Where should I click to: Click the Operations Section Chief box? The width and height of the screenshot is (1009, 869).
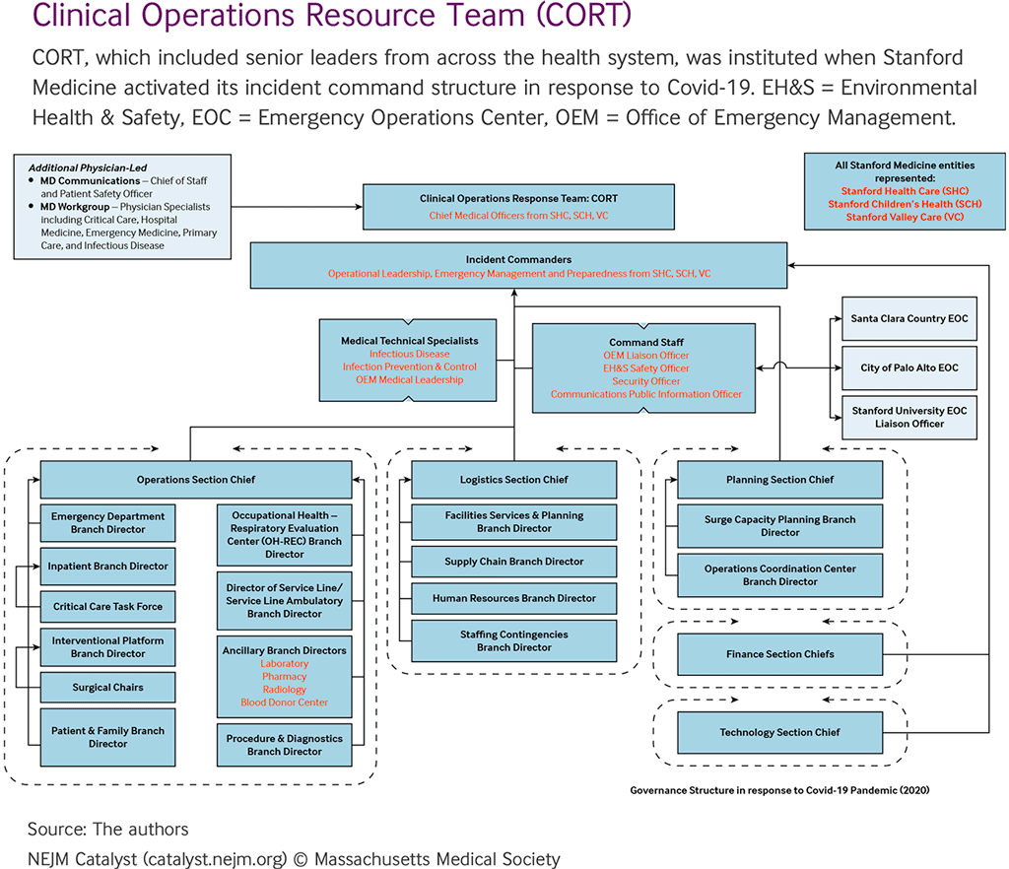[x=195, y=480]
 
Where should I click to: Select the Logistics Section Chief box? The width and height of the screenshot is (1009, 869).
[x=513, y=480]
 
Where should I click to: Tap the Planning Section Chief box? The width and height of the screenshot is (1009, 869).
[x=779, y=480]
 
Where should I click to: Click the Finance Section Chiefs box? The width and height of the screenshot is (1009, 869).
[x=779, y=654]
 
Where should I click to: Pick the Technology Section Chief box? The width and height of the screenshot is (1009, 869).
[x=779, y=732]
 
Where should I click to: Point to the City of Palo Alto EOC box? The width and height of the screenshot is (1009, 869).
[x=908, y=368]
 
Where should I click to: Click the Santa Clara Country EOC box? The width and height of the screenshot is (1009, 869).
[x=908, y=319]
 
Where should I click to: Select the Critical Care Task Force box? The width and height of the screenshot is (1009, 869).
[x=107, y=606]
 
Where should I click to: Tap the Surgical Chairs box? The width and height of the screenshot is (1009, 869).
[x=107, y=687]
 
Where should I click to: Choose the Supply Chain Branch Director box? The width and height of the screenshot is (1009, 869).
[x=513, y=562]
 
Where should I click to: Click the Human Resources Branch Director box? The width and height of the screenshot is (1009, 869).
[x=513, y=598]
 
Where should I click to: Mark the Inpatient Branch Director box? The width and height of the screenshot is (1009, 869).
[x=107, y=567]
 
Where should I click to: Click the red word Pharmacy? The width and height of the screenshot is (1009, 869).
[x=284, y=677]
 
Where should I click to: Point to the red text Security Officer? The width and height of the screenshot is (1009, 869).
[x=645, y=381]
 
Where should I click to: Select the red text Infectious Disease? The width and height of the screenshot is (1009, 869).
[x=409, y=354]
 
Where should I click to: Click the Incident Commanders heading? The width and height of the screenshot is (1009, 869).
[x=518, y=260]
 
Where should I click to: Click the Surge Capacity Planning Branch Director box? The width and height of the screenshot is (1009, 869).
[x=779, y=526]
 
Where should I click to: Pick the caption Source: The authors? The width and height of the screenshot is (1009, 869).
[x=107, y=829]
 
